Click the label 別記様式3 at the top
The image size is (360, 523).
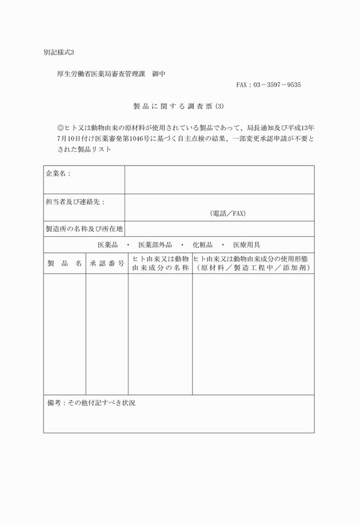[59, 53]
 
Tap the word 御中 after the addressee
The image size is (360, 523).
[158, 74]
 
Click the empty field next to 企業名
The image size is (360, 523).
[219, 179]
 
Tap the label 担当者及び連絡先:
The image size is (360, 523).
[75, 202]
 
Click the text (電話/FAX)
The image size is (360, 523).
[227, 214]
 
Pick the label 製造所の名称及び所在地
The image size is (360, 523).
[84, 229]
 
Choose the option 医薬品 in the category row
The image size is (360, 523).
[107, 245]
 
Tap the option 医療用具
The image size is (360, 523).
[246, 245]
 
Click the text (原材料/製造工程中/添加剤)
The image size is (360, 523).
[253, 268]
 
